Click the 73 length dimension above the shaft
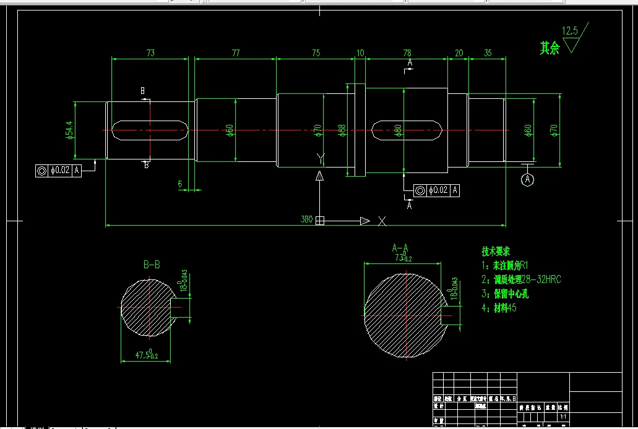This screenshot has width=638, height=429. [150, 53]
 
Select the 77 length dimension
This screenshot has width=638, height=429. [236, 53]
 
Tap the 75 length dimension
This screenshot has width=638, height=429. [316, 53]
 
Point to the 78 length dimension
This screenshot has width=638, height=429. [407, 53]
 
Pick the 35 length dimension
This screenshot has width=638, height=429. [488, 53]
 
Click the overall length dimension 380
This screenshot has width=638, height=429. [306, 219]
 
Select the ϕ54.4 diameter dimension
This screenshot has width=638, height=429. [69, 130]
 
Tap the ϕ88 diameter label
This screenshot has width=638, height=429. [342, 130]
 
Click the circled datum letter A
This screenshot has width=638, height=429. [527, 179]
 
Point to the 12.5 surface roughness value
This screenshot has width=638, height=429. [569, 30]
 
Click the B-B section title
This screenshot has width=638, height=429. [152, 265]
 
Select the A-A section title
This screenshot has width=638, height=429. [400, 247]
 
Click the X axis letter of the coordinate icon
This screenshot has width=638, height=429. [382, 221]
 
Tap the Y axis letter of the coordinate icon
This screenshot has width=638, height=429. [320, 159]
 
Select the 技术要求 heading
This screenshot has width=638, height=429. [496, 252]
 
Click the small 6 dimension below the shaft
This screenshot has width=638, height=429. [179, 184]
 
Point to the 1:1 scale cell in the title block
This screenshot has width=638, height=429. [563, 417]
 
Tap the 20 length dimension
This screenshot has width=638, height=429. [459, 53]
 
